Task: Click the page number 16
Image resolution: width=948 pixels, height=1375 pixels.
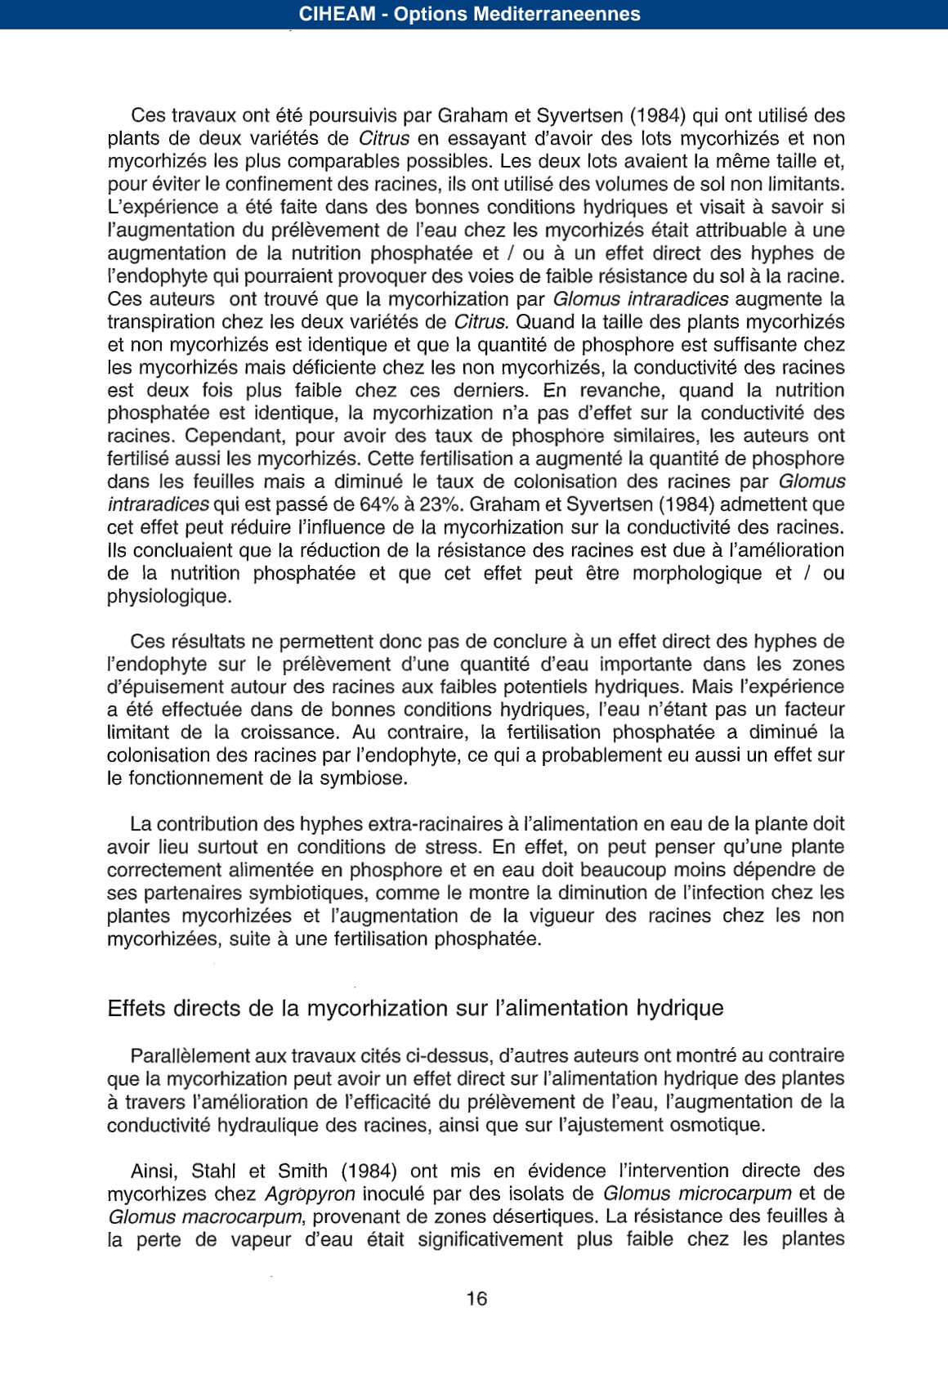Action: [476, 1298]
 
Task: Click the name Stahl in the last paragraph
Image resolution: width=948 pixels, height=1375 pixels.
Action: [213, 1171]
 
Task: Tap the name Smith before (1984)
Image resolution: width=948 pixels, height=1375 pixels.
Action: [304, 1171]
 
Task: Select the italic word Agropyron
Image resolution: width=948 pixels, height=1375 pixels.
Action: [310, 1194]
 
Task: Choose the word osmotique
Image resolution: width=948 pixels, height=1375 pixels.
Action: [717, 1125]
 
